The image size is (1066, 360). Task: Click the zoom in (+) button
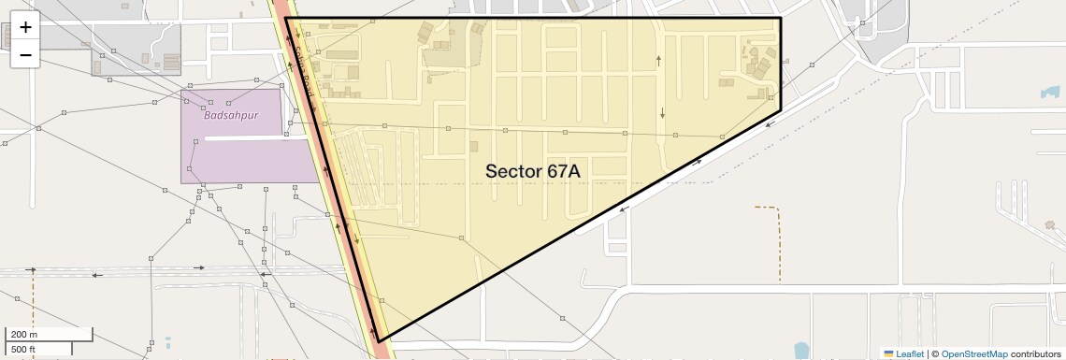pos(25,28)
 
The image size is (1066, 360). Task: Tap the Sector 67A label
pos(532,171)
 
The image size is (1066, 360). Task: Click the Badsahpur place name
pos(230,116)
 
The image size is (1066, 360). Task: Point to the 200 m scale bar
pos(50,335)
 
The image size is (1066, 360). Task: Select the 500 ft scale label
pos(23,349)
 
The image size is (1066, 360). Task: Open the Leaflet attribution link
pos(909,353)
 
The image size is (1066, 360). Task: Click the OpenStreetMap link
pos(973,353)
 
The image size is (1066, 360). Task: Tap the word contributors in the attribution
pos(1036,353)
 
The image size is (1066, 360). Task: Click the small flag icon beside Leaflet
pos(888,353)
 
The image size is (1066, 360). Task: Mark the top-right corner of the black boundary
pos(781,19)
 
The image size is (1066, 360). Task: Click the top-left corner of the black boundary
pos(285,19)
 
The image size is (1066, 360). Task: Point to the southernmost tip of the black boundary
pos(378,340)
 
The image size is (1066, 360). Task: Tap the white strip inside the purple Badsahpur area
pos(247,139)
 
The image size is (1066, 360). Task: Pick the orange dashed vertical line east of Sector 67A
pos(780,243)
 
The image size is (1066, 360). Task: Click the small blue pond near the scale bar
pos(167,343)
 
